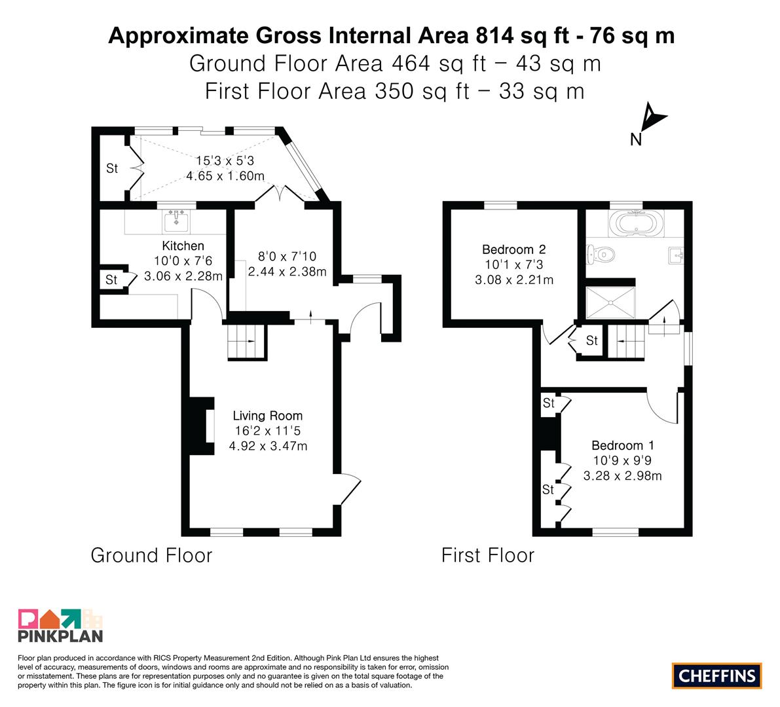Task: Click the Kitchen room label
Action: click(x=183, y=245)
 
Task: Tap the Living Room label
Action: click(x=268, y=416)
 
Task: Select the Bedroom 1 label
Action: click(x=622, y=446)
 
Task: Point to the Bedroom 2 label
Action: click(x=514, y=249)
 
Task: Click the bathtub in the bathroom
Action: click(x=636, y=223)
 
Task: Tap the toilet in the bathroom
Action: click(x=601, y=255)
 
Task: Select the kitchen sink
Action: click(x=176, y=221)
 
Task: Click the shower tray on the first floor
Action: click(x=610, y=302)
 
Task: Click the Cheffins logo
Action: click(x=717, y=676)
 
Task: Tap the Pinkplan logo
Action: click(x=60, y=625)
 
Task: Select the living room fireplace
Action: click(x=202, y=425)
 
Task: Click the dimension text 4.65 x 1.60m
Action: click(x=225, y=176)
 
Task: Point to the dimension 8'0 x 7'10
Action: click(x=287, y=257)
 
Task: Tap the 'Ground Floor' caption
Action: click(x=151, y=555)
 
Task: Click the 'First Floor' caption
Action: click(x=487, y=555)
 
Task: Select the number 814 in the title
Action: click(x=494, y=36)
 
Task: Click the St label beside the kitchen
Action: click(x=111, y=280)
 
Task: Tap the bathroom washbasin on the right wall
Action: click(x=675, y=255)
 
